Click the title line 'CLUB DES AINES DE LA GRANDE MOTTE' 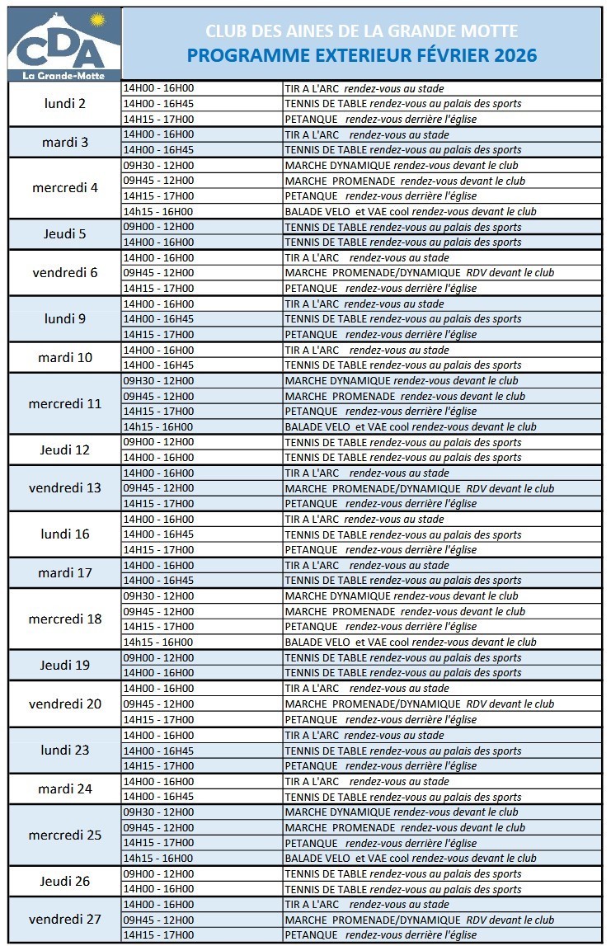pos(361,31)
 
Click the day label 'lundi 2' pos(64,104)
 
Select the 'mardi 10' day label pos(64,358)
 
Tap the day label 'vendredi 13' pos(64,488)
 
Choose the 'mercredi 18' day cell pos(64,619)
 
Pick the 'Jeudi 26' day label pos(64,881)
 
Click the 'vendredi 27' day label pos(64,920)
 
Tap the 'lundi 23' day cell pos(64,751)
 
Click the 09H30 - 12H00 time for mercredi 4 pos(158,165)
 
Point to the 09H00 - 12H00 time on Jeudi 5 pos(158,227)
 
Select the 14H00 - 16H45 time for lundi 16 pos(158,534)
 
